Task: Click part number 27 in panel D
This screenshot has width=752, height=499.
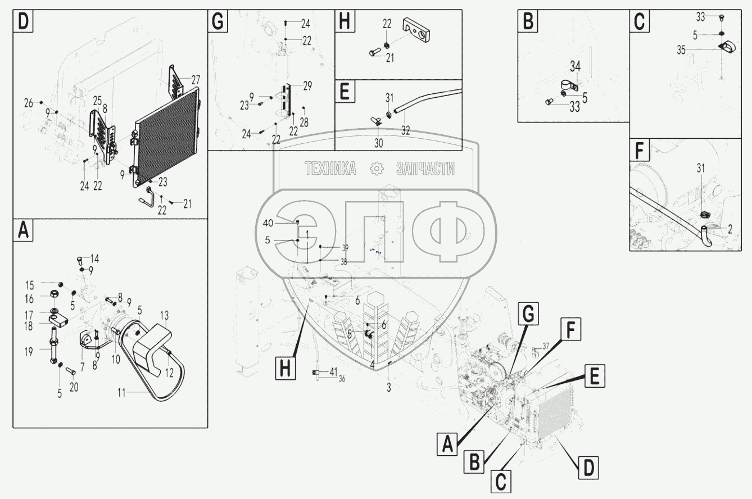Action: click(x=195, y=79)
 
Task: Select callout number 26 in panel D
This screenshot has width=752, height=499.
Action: click(x=28, y=103)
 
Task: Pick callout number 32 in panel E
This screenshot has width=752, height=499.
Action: click(x=405, y=130)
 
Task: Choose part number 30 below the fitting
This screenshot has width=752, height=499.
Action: click(x=378, y=143)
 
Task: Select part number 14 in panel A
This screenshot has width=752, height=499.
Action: click(x=94, y=258)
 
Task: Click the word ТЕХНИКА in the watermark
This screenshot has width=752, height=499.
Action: click(x=330, y=168)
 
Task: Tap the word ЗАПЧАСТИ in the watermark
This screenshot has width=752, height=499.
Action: click(x=425, y=168)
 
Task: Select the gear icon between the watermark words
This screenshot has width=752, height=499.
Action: click(x=376, y=169)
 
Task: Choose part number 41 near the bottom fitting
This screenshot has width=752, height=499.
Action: click(x=333, y=371)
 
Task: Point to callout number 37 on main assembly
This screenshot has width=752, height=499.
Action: click(x=545, y=346)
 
